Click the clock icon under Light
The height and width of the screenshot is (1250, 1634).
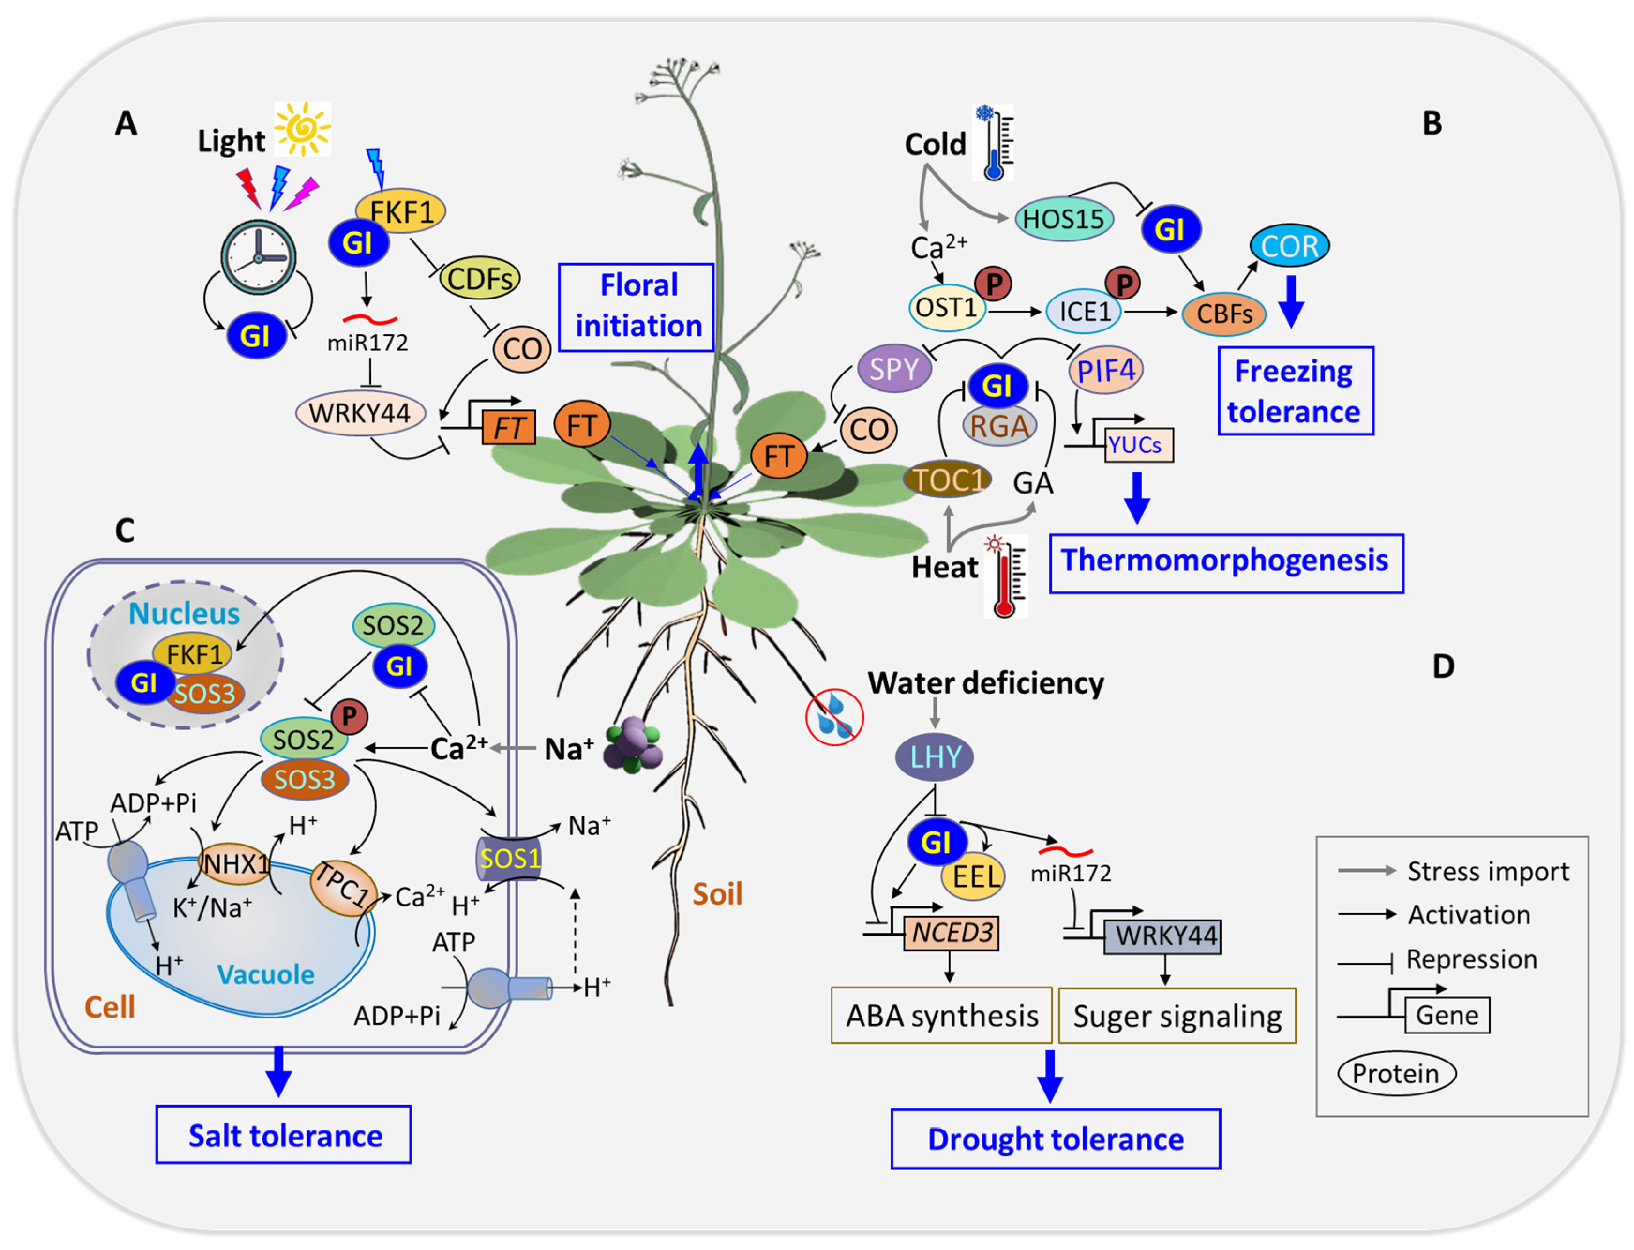coord(258,257)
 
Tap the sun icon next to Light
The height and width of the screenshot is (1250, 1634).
coord(302,129)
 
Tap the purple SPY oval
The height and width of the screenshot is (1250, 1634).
coord(894,369)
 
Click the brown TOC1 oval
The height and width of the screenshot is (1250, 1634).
coord(946,480)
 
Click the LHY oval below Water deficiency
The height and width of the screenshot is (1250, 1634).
coord(935,757)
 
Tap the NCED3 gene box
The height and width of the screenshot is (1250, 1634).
coord(951,933)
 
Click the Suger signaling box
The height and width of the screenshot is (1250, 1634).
coord(1177,1016)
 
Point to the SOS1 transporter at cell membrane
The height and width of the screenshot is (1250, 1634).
coord(509,859)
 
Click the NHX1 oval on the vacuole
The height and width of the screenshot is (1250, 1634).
coord(235,863)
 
